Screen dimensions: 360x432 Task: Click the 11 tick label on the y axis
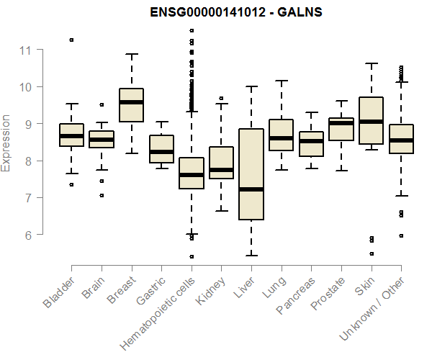pyautogui.click(x=27, y=50)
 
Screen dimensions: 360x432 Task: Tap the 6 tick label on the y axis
pyautogui.click(x=27, y=235)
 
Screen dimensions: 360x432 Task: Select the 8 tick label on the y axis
pyautogui.click(x=27, y=161)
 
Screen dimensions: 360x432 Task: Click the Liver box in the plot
pyautogui.click(x=251, y=174)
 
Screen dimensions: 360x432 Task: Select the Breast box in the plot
pyautogui.click(x=131, y=105)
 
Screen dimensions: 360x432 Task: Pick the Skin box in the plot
pyautogui.click(x=371, y=120)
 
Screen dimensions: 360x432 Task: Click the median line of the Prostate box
pyautogui.click(x=341, y=123)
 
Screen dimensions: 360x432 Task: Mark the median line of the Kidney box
pyautogui.click(x=221, y=171)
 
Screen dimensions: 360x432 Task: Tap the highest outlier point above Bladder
pyautogui.click(x=71, y=40)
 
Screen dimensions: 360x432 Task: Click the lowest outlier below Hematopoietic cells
pyautogui.click(x=191, y=256)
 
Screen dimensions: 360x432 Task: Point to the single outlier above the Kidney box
pyautogui.click(x=221, y=98)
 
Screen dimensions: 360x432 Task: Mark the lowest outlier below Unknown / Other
pyautogui.click(x=401, y=235)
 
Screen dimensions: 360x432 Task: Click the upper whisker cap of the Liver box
pyautogui.click(x=251, y=86)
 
